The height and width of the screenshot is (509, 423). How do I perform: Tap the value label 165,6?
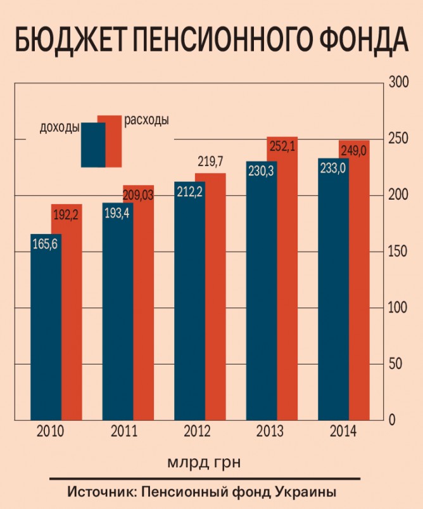coord(45,243)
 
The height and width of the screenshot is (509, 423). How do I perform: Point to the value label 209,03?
coord(137,195)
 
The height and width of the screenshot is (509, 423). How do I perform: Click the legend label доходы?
coord(60,126)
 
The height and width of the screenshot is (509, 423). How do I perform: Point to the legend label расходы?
coord(146,119)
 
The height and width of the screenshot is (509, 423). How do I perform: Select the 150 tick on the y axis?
coord(397,252)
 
